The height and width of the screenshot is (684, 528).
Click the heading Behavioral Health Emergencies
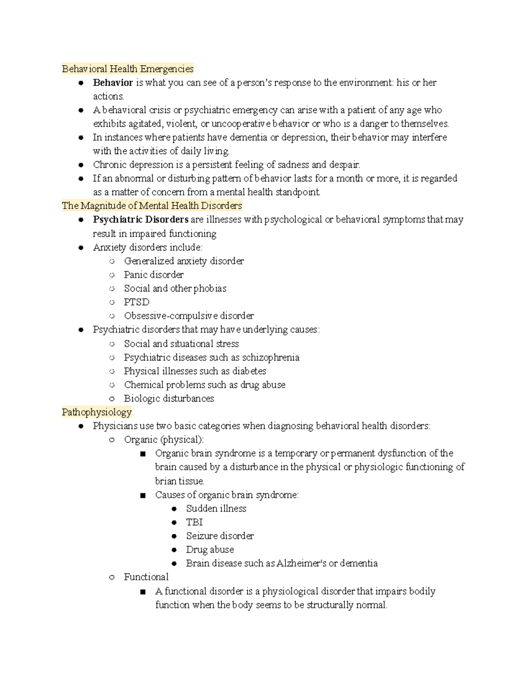pyautogui.click(x=128, y=69)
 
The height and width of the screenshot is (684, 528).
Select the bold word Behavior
pyautogui.click(x=113, y=83)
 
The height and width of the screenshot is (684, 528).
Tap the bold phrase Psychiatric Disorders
pyautogui.click(x=140, y=219)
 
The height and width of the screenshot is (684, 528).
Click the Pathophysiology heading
pyautogui.click(x=97, y=412)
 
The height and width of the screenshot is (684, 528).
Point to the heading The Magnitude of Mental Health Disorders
pyautogui.click(x=152, y=206)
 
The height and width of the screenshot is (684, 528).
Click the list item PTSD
pyautogui.click(x=136, y=302)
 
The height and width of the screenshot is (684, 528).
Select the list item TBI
pyautogui.click(x=194, y=522)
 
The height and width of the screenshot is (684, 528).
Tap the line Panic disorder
pyautogui.click(x=154, y=275)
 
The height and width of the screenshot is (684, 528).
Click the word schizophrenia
pyautogui.click(x=271, y=357)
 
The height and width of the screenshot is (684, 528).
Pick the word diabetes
pyautogui.click(x=249, y=371)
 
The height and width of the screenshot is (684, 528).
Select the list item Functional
pyautogui.click(x=146, y=577)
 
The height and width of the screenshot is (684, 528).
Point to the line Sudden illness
pyautogui.click(x=216, y=509)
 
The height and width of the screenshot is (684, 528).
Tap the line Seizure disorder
pyautogui.click(x=220, y=536)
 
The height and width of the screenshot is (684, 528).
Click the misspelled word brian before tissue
pyautogui.click(x=165, y=481)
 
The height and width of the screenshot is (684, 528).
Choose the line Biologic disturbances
pyautogui.click(x=169, y=399)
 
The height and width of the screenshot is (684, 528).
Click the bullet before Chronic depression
pyautogui.click(x=81, y=165)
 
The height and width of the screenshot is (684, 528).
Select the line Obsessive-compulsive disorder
pyautogui.click(x=189, y=316)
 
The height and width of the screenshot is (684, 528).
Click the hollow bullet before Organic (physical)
pyautogui.click(x=112, y=440)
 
